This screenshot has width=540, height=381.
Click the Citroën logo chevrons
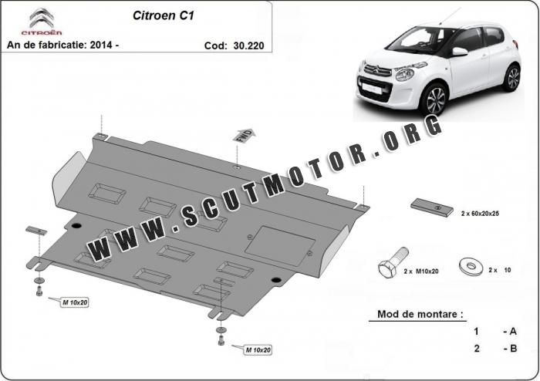pyautogui.click(x=42, y=18)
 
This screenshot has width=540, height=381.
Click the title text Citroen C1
pyautogui.click(x=164, y=15)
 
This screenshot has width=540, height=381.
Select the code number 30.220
pyautogui.click(x=248, y=46)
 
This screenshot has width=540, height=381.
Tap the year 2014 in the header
pyautogui.click(x=101, y=45)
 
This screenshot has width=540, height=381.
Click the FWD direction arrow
pyautogui.click(x=245, y=135)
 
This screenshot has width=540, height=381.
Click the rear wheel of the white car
pyautogui.click(x=512, y=78)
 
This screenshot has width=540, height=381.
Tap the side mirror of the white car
pyautogui.click(x=460, y=52)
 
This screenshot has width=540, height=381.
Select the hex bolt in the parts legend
pyautogui.click(x=393, y=261)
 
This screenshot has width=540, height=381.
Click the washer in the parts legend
pyautogui.click(x=471, y=266)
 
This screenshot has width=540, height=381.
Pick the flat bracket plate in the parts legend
pyautogui.click(x=432, y=207)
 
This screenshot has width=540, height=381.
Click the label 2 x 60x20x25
pyautogui.click(x=480, y=214)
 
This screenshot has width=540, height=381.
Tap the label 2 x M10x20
pyautogui.click(x=421, y=271)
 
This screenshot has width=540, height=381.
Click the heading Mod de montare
pyautogui.click(x=420, y=314)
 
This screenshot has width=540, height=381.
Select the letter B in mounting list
pyautogui.click(x=513, y=349)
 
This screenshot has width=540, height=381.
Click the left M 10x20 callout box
pyautogui.click(x=75, y=302)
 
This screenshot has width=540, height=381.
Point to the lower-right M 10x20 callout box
pyautogui.click(x=258, y=350)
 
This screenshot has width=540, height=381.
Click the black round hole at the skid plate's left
pyautogui.click(x=76, y=226)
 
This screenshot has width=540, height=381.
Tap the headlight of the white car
pyautogui.click(x=405, y=74)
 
